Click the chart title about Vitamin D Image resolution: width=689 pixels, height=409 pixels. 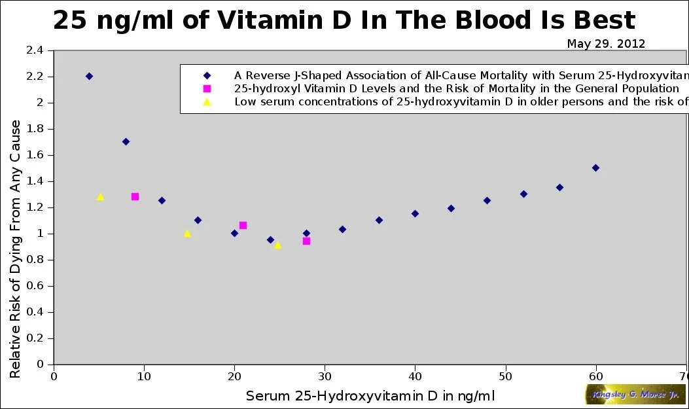pyautogui.click(x=344, y=20)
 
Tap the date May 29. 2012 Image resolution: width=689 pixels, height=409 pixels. pyautogui.click(x=606, y=44)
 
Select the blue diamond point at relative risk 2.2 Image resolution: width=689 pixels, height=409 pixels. pyautogui.click(x=89, y=76)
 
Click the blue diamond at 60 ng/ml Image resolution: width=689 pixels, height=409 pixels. pyautogui.click(x=595, y=168)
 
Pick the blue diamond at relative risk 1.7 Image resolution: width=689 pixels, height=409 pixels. pyautogui.click(x=126, y=141)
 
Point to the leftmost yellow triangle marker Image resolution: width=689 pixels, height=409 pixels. pyautogui.click(x=100, y=196)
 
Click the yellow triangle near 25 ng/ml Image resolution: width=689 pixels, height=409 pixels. pyautogui.click(x=277, y=245)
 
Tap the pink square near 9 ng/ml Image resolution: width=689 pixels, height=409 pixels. pyautogui.click(x=135, y=196)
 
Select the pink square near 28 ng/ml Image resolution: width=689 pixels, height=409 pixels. pyautogui.click(x=306, y=241)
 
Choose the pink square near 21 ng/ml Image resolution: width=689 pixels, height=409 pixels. pyautogui.click(x=243, y=225)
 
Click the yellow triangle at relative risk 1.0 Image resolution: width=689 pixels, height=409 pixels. pyautogui.click(x=188, y=233)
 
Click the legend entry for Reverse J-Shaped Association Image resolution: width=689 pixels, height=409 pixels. pyautogui.click(x=458, y=75)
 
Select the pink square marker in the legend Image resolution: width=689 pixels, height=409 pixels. pyautogui.click(x=207, y=88)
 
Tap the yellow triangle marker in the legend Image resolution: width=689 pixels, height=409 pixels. pyautogui.click(x=207, y=101)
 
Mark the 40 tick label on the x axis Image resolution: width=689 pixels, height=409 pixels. pyautogui.click(x=415, y=376)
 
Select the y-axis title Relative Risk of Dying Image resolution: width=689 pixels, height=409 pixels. pyautogui.click(x=16, y=249)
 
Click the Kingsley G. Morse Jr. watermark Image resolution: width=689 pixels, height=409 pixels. pyautogui.click(x=635, y=394)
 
